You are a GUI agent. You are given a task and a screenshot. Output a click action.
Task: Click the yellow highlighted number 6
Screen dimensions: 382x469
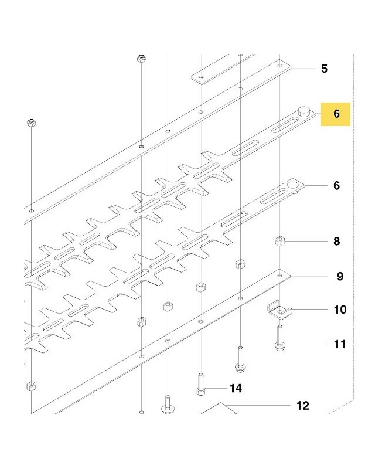click(336, 114)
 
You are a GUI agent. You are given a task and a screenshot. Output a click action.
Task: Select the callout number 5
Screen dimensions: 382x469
click(325, 69)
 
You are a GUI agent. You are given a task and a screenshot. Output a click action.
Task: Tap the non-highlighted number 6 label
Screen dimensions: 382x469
click(336, 186)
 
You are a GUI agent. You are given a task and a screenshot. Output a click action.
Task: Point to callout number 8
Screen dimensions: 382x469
click(336, 241)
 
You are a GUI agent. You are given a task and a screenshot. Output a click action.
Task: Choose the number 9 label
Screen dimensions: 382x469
click(340, 276)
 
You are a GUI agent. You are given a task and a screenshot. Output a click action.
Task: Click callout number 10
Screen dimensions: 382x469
click(340, 310)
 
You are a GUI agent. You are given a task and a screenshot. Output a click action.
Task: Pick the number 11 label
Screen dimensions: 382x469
click(340, 344)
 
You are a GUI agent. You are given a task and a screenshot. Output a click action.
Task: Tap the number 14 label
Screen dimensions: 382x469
click(236, 388)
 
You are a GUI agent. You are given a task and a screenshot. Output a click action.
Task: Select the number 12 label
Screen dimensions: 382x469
click(302, 406)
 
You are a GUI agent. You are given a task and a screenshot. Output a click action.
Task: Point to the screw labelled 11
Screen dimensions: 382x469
click(279, 338)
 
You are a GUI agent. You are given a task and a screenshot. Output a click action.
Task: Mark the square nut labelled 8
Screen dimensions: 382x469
click(279, 241)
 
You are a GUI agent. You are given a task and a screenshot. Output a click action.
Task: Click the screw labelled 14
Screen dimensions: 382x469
click(201, 384)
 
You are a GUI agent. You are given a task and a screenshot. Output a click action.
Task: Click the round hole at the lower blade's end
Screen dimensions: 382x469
click(292, 185)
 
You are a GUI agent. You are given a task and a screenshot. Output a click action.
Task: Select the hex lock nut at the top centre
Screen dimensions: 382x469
click(141, 58)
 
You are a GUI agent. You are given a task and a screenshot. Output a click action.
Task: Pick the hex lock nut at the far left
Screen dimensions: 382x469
click(32, 123)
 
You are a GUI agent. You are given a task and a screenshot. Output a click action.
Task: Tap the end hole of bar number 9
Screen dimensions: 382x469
click(280, 275)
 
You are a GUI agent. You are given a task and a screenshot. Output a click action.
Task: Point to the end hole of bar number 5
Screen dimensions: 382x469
click(280, 66)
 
